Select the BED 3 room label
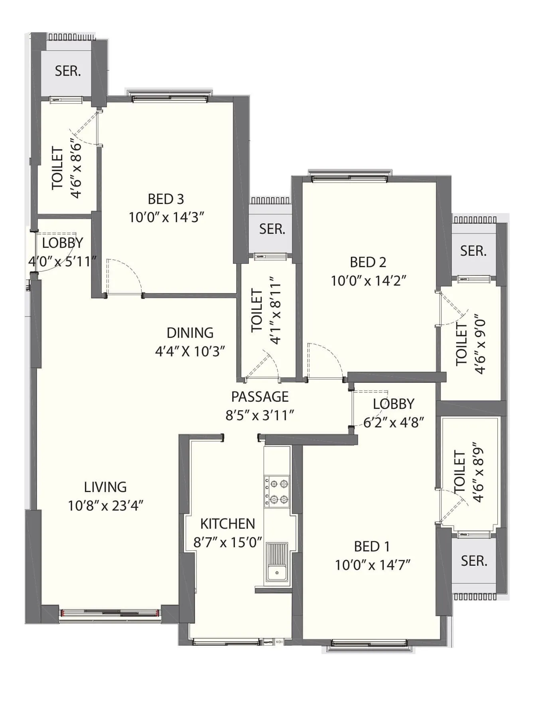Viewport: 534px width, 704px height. point(166,199)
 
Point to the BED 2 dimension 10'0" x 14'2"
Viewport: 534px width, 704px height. point(368,281)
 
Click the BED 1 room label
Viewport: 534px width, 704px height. point(372,546)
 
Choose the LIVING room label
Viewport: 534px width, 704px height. point(105,487)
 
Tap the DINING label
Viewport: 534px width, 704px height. point(190,332)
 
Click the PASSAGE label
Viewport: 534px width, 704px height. point(260,396)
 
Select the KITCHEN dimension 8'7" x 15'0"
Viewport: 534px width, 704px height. point(228,542)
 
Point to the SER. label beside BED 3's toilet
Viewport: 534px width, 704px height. point(68,71)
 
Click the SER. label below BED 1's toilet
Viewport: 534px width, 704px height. point(474,561)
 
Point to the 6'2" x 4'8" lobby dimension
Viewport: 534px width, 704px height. point(393,422)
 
